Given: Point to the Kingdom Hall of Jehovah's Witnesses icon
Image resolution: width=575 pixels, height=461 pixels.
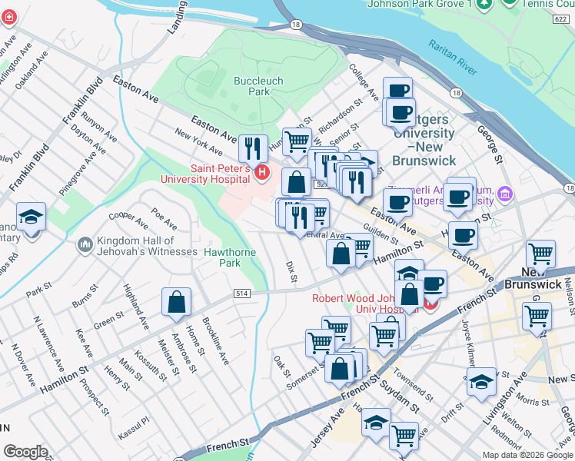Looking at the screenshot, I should pyautogui.click(x=84, y=246).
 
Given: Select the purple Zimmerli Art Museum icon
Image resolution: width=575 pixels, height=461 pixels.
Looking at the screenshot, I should pyautogui.click(x=504, y=191).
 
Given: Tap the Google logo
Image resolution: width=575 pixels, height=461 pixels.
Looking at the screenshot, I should pyautogui.click(x=26, y=452).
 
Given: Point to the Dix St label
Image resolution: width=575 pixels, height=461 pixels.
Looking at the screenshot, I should pyautogui.click(x=291, y=271).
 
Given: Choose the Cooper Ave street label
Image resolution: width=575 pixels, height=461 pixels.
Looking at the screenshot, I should pyautogui.click(x=128, y=221).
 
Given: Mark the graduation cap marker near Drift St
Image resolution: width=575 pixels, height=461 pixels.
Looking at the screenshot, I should pyautogui.click(x=480, y=381).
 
